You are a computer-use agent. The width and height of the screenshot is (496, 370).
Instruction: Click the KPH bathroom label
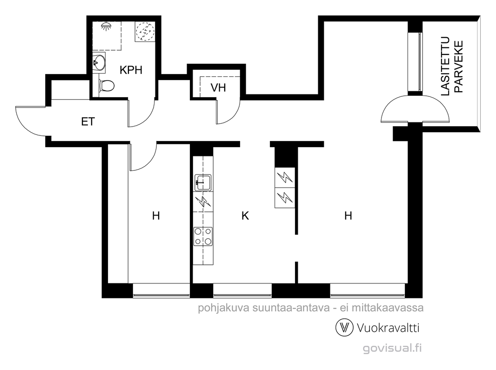[131, 70]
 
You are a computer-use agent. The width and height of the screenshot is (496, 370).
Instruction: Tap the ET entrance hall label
[88, 121]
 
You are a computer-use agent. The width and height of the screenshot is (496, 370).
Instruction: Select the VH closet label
[218, 87]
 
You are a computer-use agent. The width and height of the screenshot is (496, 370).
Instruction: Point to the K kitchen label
[245, 216]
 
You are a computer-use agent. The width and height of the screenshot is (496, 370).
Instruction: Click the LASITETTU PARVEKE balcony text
[452, 67]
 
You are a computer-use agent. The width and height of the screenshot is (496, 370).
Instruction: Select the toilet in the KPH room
[106, 85]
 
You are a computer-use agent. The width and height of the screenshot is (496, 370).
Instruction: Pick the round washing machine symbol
[145, 31]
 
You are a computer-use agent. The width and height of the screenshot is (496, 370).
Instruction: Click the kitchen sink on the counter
[203, 183]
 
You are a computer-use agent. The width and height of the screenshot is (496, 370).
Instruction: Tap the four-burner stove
[203, 236]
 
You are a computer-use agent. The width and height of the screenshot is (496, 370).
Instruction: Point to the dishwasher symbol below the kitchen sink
[203, 202]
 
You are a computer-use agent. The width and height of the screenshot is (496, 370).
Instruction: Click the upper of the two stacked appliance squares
[285, 178]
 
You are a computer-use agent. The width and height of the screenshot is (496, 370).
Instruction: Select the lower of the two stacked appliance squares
[285, 198]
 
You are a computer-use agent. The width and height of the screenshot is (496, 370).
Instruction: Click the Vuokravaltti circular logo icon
[344, 328]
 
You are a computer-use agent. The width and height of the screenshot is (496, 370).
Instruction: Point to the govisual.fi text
[392, 348]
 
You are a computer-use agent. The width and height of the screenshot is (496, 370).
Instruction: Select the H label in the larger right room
[348, 216]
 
